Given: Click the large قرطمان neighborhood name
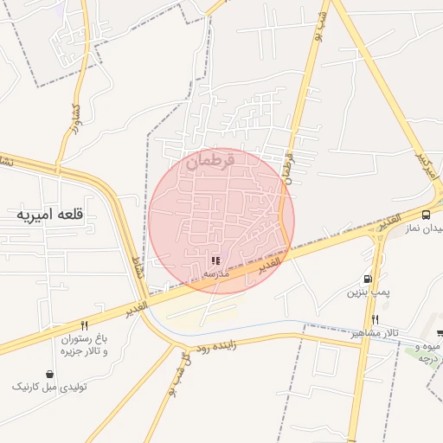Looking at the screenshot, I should click(x=210, y=159).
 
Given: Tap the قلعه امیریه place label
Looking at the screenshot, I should click(x=50, y=214).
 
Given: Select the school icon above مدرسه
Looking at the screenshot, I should click(x=215, y=260).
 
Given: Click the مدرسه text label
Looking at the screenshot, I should click(x=215, y=273).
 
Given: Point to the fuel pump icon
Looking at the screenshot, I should click(x=369, y=279).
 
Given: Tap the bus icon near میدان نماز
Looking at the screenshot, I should click(x=426, y=215).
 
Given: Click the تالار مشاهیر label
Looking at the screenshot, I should click(x=374, y=333).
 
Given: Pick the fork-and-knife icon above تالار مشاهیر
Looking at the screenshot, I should click(x=375, y=320).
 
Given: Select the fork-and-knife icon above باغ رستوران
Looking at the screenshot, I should click(x=84, y=325).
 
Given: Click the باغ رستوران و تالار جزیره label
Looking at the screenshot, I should click(x=83, y=345).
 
